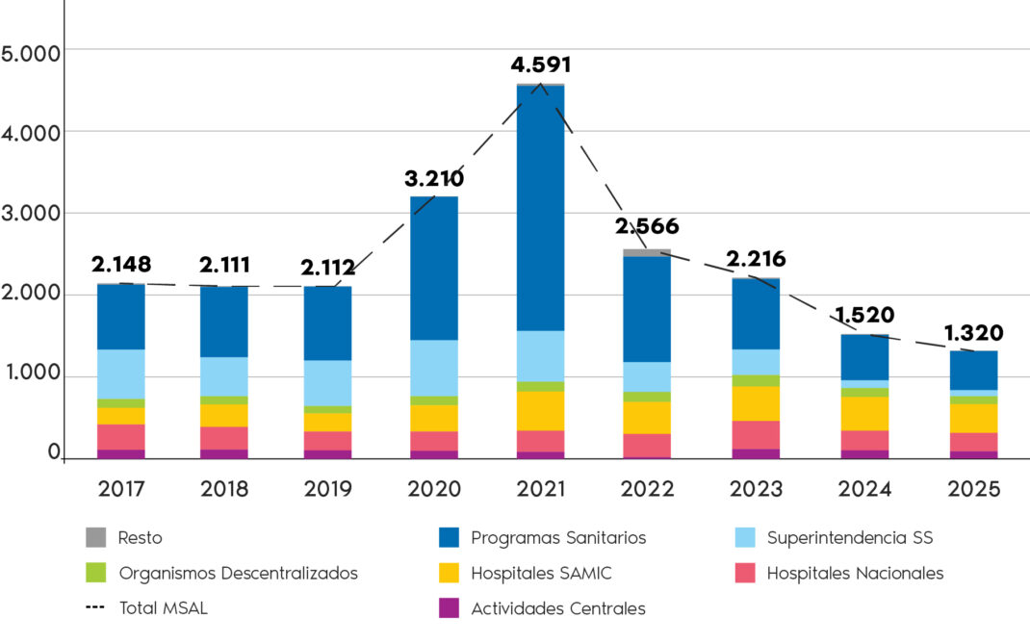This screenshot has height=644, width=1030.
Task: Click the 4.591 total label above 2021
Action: pyautogui.click(x=540, y=65)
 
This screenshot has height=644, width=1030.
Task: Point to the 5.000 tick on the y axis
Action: pyautogui.click(x=31, y=51)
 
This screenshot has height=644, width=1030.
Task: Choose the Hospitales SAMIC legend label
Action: pyautogui.click(x=541, y=574)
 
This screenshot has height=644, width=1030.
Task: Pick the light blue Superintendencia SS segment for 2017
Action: pyautogui.click(x=121, y=374)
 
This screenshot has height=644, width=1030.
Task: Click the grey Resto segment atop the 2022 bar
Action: pyautogui.click(x=647, y=252)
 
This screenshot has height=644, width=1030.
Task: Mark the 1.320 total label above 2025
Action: pyautogui.click(x=973, y=333)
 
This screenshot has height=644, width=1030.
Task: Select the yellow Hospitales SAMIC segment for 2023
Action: pyautogui.click(x=757, y=403)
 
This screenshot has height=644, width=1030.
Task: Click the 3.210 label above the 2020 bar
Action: pyautogui.click(x=434, y=178)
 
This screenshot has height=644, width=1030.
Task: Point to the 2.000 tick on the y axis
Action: pyautogui.click(x=31, y=294)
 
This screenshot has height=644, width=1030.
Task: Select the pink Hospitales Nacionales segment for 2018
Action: pyautogui.click(x=224, y=437)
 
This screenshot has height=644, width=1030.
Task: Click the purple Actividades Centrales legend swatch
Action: pyautogui.click(x=448, y=608)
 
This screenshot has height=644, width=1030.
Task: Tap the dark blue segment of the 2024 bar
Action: pyautogui.click(x=864, y=357)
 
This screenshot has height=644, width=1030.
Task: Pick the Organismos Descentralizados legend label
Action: pyautogui.click(x=238, y=574)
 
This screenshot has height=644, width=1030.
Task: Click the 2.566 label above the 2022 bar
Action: pyautogui.click(x=647, y=227)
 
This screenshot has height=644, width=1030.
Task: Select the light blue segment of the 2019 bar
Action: pyautogui.click(x=327, y=383)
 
